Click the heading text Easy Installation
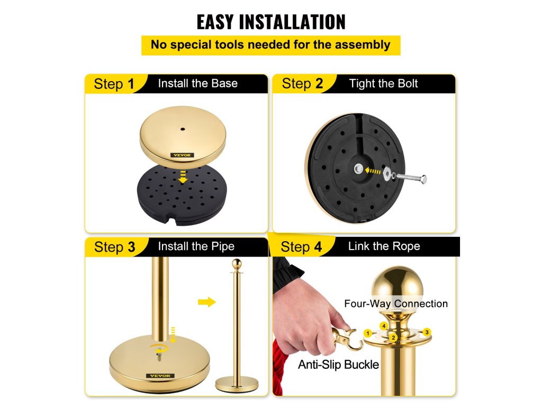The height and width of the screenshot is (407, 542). pyautogui.click(x=271, y=22)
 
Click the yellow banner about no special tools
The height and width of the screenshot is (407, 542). pyautogui.click(x=271, y=45)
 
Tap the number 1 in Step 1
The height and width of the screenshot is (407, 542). pyautogui.click(x=131, y=84)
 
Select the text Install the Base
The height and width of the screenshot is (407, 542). pyautogui.click(x=198, y=83)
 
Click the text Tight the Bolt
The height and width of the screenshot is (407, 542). pyautogui.click(x=383, y=83)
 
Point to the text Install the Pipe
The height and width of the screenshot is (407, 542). pyautogui.click(x=196, y=246)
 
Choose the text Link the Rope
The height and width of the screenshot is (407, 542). pyautogui.click(x=384, y=246)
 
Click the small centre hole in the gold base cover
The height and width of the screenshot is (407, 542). pyautogui.click(x=183, y=129)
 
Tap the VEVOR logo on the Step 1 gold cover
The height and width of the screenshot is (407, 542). pyautogui.click(x=182, y=155)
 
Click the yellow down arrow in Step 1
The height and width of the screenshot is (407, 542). pyautogui.click(x=183, y=177)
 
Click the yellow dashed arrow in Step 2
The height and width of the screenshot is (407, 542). pyautogui.click(x=373, y=171)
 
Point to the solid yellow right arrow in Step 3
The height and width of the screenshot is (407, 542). pyautogui.click(x=207, y=302)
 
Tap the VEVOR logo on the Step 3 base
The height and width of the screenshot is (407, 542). pyautogui.click(x=160, y=376)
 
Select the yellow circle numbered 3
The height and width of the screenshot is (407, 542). pyautogui.click(x=427, y=332)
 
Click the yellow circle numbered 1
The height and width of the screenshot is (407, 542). pyautogui.click(x=368, y=334)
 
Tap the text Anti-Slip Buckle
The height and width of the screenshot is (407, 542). pyautogui.click(x=338, y=365)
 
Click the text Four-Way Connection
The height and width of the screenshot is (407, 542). pyautogui.click(x=396, y=304)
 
